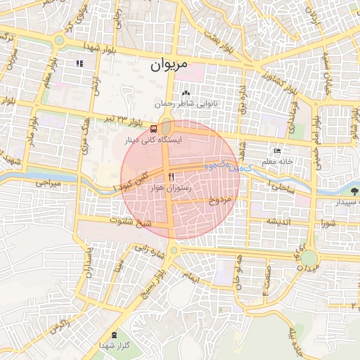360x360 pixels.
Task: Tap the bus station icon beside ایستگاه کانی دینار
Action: (x=153, y=129)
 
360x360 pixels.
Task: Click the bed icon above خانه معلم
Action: (x=277, y=151)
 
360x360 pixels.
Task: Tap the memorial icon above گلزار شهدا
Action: (x=115, y=335)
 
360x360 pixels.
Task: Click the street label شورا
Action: (x=328, y=224)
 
